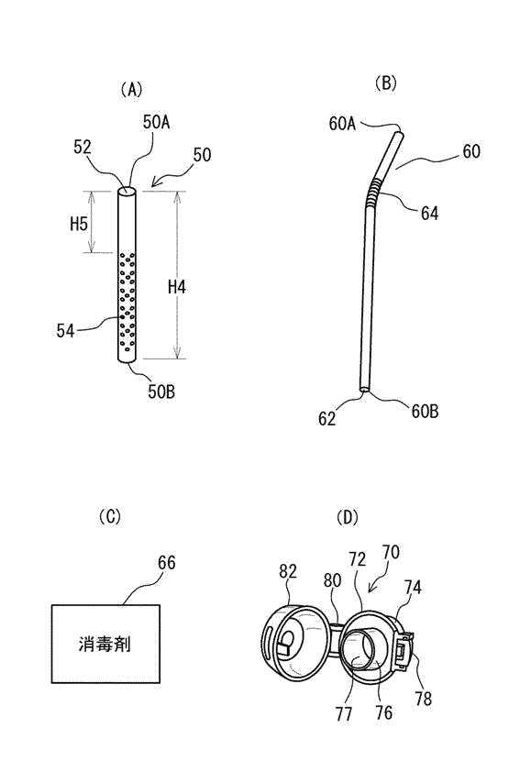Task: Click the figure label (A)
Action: click(131, 90)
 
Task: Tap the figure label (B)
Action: click(385, 83)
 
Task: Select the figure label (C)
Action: click(110, 516)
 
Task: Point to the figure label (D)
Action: click(348, 517)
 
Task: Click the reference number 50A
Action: click(156, 122)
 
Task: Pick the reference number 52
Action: click(83, 147)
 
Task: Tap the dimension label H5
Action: click(79, 224)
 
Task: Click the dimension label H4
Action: click(177, 287)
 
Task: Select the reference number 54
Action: click(65, 331)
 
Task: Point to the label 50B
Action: click(161, 392)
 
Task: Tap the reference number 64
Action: click(429, 214)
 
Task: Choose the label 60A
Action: click(342, 124)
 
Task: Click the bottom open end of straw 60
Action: click(364, 388)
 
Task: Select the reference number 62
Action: click(327, 418)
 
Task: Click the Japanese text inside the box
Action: click(105, 644)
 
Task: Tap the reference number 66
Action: click(166, 563)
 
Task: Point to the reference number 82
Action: click(288, 571)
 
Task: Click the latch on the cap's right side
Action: click(404, 650)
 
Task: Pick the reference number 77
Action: click(344, 714)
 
